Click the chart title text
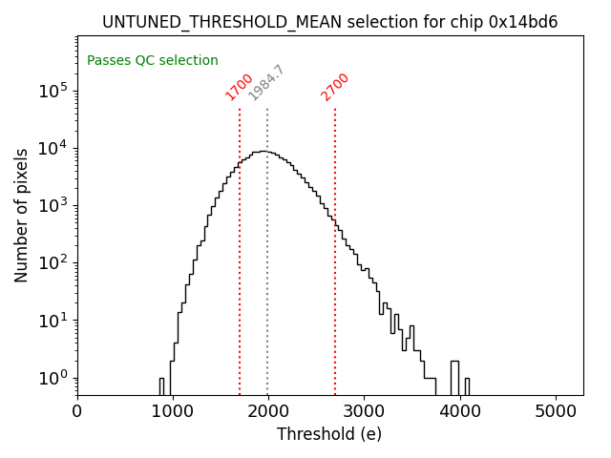[329, 22]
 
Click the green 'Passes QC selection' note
[153, 61]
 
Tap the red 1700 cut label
[239, 87]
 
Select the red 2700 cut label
[335, 87]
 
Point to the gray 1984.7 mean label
[266, 83]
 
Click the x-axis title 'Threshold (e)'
[329, 434]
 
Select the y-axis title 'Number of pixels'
[22, 215]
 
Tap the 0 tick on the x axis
[77, 411]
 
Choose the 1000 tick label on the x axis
[173, 411]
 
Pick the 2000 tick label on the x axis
[268, 411]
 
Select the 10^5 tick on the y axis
[53, 91]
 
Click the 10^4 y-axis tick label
[53, 148]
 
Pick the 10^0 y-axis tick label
[53, 378]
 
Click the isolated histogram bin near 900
[161, 385]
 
